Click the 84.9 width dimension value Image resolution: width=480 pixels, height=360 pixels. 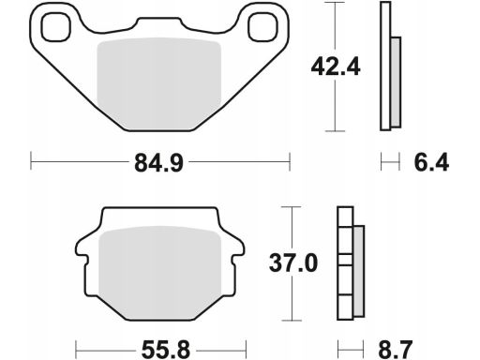pos(158,163)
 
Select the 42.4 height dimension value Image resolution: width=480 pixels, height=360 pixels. pos(336,67)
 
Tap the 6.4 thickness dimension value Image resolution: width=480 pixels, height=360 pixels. pos(431,162)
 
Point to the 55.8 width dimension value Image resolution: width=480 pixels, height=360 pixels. pos(166,350)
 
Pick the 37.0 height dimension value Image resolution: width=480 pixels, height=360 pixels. pos(293,263)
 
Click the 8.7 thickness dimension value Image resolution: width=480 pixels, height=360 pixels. pos(396,350)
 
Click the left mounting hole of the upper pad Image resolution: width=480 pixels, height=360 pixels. pos(56,27)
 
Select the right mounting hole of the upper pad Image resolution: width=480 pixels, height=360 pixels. pos(262,27)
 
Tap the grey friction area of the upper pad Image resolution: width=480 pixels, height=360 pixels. pos(159,83)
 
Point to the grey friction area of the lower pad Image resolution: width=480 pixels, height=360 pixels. pos(160,272)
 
